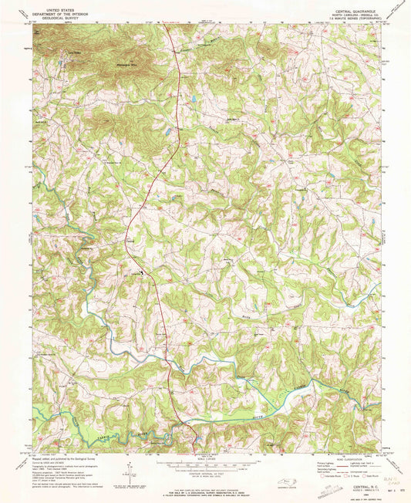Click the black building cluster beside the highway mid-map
coord(140,273)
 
